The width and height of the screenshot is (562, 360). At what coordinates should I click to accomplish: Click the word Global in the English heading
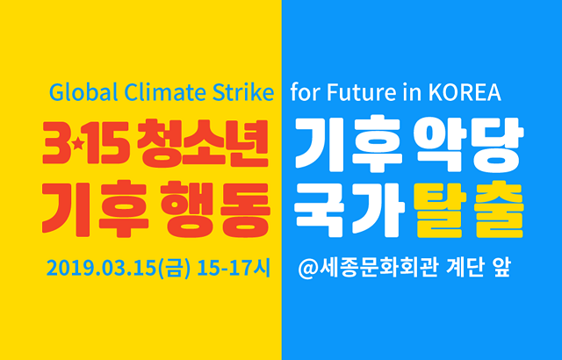coord(83,92)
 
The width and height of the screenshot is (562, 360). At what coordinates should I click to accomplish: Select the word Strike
coord(243,92)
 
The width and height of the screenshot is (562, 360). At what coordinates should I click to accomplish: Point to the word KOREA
coord(465,93)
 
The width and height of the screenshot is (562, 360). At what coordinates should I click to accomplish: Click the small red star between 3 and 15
coord(78,144)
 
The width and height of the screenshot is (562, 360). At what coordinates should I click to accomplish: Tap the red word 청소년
coord(203,143)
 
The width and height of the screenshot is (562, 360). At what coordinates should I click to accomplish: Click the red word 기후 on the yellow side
coord(96,209)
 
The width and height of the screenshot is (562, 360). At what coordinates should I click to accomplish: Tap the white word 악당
coord(469,143)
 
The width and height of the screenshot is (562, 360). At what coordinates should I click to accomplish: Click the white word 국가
coord(349,209)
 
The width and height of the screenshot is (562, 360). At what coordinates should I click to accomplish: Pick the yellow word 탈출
coord(469,209)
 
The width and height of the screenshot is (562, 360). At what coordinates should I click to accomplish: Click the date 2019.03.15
coord(102,269)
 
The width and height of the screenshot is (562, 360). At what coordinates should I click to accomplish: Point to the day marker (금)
coord(174,269)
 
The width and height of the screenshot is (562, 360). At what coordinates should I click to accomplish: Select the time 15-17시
coord(234,269)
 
